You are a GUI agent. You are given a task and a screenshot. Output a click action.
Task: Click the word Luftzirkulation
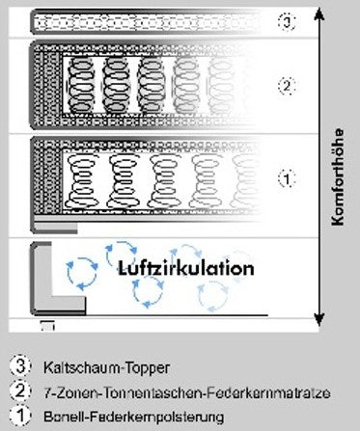186,268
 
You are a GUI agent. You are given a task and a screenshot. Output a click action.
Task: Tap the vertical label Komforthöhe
338,177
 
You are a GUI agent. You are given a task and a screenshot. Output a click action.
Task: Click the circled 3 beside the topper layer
287,22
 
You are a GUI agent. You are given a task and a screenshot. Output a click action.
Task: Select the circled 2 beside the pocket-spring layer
287,86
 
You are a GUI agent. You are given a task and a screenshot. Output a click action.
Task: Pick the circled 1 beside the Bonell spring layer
287,178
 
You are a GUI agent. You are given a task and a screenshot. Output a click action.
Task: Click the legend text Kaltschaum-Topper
106,367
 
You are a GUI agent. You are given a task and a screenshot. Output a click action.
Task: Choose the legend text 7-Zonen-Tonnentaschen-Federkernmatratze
187,392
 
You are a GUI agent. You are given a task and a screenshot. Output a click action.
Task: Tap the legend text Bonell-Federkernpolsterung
133,418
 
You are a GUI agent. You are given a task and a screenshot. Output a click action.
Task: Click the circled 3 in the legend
20,366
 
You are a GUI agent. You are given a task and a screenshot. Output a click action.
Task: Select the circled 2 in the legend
20,391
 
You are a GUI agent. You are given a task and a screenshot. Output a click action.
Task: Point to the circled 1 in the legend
20,416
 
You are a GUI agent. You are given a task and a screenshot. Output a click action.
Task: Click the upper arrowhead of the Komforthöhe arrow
318,13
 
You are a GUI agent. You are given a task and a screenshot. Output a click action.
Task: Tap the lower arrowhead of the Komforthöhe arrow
318,319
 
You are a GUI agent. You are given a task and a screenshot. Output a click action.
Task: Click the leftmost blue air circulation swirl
82,273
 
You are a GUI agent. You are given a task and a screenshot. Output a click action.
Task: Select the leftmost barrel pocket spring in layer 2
80,86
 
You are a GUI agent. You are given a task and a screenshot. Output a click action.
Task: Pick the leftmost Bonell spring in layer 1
80,181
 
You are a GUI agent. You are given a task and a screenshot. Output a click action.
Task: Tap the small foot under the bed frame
47,326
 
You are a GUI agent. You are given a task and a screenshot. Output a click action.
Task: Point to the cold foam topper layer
145,22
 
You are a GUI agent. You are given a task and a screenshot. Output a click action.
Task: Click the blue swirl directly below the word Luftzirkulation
148,292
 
